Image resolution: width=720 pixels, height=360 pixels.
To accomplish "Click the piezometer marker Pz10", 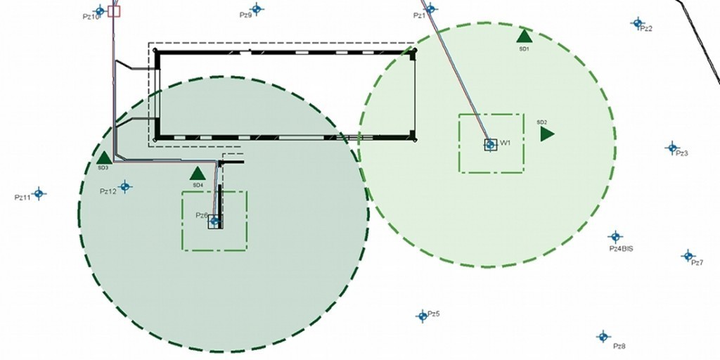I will [100, 11].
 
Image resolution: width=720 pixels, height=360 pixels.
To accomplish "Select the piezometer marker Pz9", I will [257, 9].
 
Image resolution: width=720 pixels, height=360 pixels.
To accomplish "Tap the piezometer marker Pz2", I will [637, 23].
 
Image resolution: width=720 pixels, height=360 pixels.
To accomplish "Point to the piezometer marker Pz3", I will [672, 148].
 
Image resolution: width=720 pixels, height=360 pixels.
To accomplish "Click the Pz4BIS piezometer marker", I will [615, 236].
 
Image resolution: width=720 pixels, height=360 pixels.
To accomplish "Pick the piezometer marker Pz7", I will [688, 255].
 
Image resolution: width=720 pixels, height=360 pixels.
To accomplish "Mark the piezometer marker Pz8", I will [603, 337].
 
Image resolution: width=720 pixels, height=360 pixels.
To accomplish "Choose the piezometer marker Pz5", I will [422, 316].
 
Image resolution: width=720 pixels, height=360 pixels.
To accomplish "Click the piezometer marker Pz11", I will [39, 193].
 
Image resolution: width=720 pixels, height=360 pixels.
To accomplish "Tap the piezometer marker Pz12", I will [125, 186].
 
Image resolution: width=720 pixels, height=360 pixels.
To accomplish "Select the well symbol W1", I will [490, 145].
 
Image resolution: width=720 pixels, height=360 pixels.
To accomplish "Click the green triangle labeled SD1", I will [524, 36].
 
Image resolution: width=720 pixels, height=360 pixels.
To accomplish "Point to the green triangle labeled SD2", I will [547, 134].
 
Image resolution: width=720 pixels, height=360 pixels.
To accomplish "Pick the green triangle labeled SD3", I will [103, 157].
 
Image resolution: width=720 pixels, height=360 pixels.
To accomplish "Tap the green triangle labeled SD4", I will [198, 173].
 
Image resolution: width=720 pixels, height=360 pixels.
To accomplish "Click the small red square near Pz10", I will [114, 11].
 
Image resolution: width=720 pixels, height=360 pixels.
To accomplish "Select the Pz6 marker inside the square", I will [215, 221].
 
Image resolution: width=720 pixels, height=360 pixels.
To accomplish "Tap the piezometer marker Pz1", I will [430, 9].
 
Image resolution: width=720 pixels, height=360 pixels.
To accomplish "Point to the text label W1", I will [505, 143].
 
